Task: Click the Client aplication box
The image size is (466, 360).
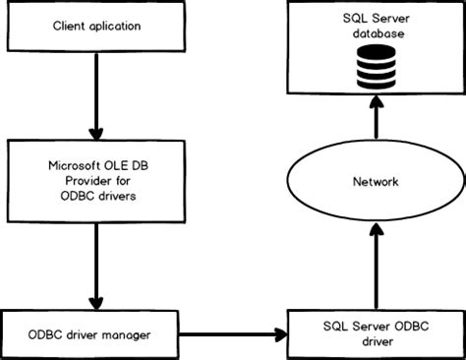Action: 95,28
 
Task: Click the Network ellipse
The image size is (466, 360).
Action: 374,182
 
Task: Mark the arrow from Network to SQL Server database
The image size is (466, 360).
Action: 375,123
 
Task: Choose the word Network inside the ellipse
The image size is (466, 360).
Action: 374,182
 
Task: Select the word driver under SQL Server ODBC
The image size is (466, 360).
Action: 375,342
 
